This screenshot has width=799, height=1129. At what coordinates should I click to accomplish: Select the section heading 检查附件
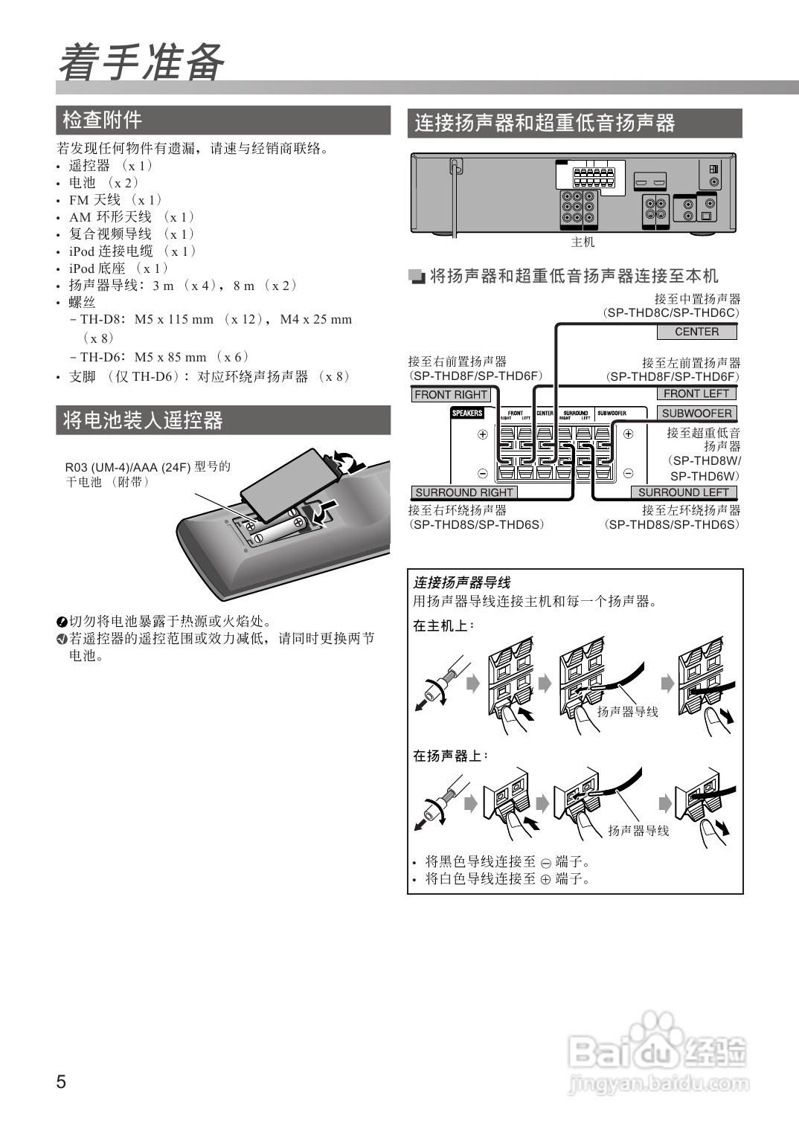[102, 120]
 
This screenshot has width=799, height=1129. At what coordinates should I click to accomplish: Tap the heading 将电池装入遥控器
[142, 420]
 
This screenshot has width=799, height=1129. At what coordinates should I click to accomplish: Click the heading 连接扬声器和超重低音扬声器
[545, 123]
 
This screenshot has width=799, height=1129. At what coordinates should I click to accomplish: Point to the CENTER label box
[696, 332]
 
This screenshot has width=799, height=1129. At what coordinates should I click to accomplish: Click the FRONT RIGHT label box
[451, 395]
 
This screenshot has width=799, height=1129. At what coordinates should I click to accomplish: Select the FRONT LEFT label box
[696, 393]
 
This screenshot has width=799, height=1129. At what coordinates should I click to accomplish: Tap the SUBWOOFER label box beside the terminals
[696, 413]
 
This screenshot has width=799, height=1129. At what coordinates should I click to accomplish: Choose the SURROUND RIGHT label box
[463, 492]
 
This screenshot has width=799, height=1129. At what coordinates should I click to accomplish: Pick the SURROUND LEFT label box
[683, 492]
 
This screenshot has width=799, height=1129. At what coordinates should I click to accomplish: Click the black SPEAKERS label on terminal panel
[467, 413]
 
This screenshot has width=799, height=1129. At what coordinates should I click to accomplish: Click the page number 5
[61, 1081]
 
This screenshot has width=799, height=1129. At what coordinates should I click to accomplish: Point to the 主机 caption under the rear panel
[583, 242]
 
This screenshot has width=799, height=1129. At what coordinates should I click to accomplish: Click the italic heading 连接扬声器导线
[462, 582]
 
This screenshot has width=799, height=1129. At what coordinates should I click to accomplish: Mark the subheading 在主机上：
[443, 626]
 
